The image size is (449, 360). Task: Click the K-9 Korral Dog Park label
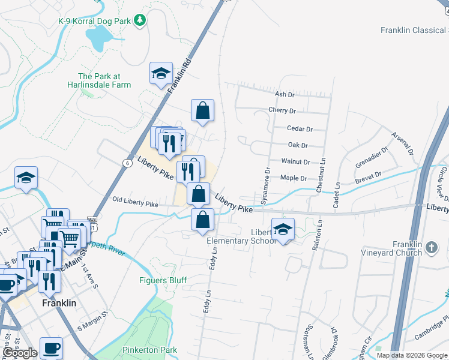pyautogui.click(x=94, y=21)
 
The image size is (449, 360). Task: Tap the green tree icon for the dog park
pyautogui.click(x=140, y=21)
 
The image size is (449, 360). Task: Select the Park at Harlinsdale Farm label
pyautogui.click(x=104, y=80)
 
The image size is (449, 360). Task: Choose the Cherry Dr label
pyautogui.click(x=283, y=111)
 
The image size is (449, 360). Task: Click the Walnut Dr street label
pyautogui.click(x=295, y=162)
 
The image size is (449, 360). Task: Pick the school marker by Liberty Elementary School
pyautogui.click(x=283, y=229)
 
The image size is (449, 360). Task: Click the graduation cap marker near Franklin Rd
pyautogui.click(x=161, y=73)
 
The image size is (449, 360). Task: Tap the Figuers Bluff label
pyautogui.click(x=163, y=280)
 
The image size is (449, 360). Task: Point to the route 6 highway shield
pyautogui.click(x=128, y=163)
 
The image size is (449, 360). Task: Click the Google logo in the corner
pyautogui.click(x=20, y=353)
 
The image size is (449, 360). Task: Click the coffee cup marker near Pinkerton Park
pyautogui.click(x=51, y=347)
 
